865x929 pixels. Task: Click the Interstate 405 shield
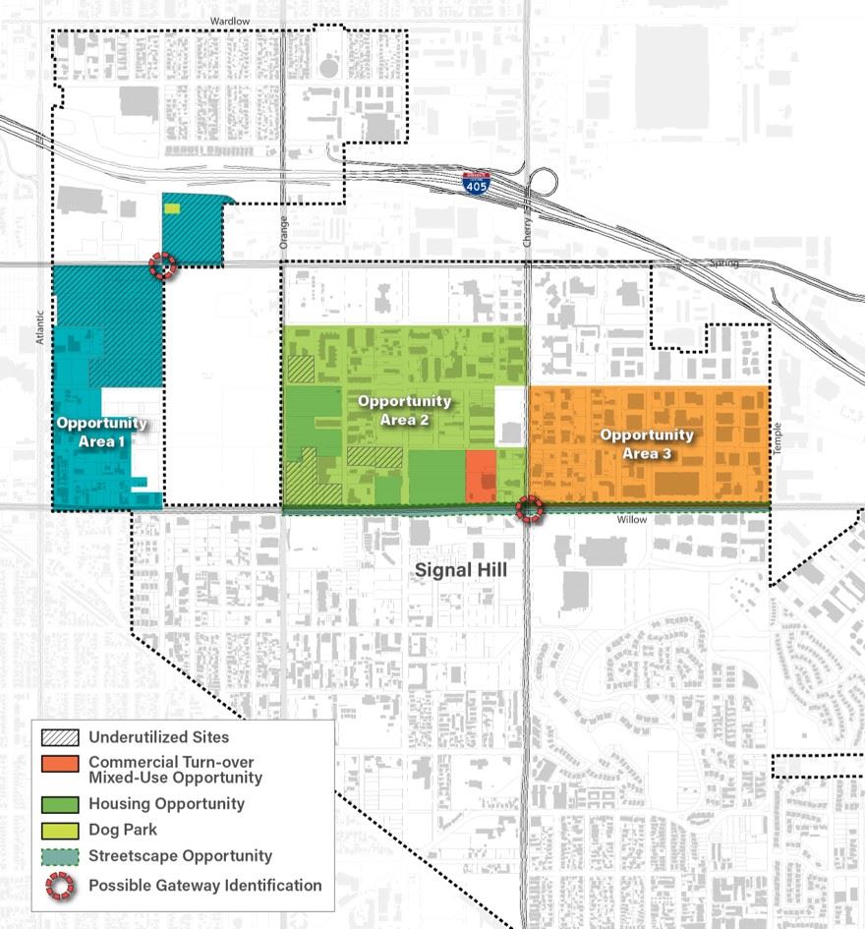475,183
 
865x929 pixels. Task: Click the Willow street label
632,519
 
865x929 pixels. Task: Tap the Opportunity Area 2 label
404,409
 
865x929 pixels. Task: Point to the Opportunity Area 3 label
647,443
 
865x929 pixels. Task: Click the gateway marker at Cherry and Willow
530,508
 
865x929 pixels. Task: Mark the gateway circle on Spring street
163,264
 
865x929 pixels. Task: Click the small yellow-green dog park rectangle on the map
173,208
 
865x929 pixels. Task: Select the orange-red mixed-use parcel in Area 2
481,477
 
